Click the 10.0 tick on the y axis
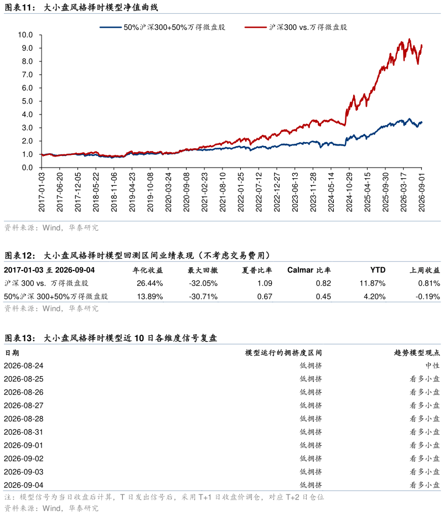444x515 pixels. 25,35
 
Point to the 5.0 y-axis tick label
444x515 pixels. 27,101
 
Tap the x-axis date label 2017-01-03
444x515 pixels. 42,192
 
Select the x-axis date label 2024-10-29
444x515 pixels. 349,192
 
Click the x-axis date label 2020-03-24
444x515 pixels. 168,192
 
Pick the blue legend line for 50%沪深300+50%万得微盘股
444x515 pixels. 111,27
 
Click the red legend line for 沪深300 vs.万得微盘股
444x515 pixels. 255,27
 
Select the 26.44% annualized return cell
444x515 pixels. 150,283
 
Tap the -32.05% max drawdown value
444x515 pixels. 203,283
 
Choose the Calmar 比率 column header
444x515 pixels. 309,270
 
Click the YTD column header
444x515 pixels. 378,270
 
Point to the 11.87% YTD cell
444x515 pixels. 373,283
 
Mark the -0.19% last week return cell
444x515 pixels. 427,296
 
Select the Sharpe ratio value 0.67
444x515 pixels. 265,296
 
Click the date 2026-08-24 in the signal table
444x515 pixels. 24,366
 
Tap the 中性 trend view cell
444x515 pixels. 432,366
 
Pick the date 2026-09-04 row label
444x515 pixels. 24,485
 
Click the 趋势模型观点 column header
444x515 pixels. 417,353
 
